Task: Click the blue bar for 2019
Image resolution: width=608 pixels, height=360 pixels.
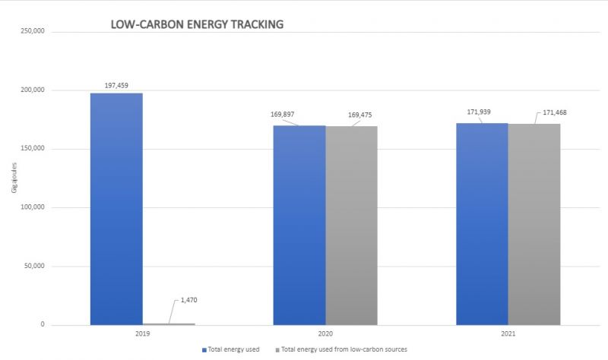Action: (116, 209)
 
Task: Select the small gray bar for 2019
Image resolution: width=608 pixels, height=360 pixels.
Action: (169, 324)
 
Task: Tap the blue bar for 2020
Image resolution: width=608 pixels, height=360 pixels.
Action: (299, 225)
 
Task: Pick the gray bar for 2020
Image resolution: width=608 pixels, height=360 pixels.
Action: (351, 226)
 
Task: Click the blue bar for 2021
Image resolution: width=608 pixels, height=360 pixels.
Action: (482, 224)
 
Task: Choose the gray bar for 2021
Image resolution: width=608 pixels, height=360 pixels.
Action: (534, 224)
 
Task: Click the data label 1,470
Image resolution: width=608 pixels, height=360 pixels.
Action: (188, 301)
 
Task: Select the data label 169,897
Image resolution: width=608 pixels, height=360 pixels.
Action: (282, 115)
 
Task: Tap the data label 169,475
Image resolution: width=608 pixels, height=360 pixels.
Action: (360, 115)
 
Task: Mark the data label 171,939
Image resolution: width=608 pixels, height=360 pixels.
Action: (466, 112)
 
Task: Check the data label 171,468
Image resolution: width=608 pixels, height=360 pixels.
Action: (555, 113)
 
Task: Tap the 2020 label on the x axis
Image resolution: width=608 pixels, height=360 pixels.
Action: (325, 333)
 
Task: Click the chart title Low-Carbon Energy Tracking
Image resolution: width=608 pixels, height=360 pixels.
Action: (197, 24)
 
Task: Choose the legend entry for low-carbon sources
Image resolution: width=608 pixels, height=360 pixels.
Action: (344, 349)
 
